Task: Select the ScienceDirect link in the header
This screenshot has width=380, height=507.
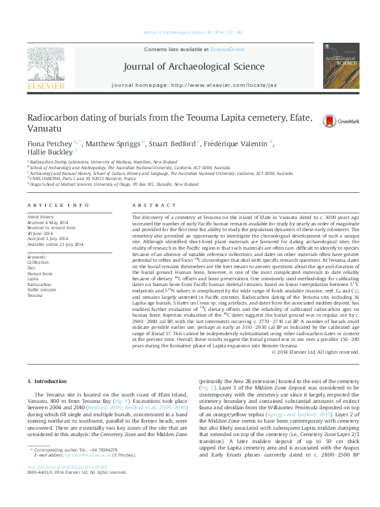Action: tap(227, 49)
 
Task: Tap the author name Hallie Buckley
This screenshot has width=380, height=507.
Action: tap(49, 153)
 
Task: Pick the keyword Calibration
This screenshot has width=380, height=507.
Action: tap(38, 262)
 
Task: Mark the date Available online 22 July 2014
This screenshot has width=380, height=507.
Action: tap(55, 244)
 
